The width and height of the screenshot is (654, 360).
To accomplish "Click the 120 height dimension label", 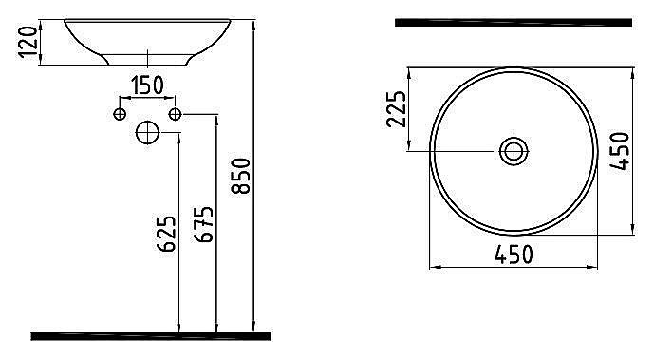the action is [28, 42].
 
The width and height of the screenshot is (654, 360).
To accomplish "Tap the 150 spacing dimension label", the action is [148, 85].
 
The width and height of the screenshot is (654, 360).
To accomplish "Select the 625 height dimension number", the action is [166, 233].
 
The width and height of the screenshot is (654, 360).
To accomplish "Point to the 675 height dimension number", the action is [203, 224].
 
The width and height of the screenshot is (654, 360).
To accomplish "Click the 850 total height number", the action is [241, 176].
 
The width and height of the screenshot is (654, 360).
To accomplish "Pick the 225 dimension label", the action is [396, 109].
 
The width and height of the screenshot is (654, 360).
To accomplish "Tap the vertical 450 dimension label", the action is [620, 151].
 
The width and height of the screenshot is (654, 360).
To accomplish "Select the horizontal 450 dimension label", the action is [514, 255].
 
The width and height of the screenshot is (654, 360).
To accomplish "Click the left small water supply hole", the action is [120, 114].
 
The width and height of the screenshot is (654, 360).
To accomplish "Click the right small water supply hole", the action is [176, 114].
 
